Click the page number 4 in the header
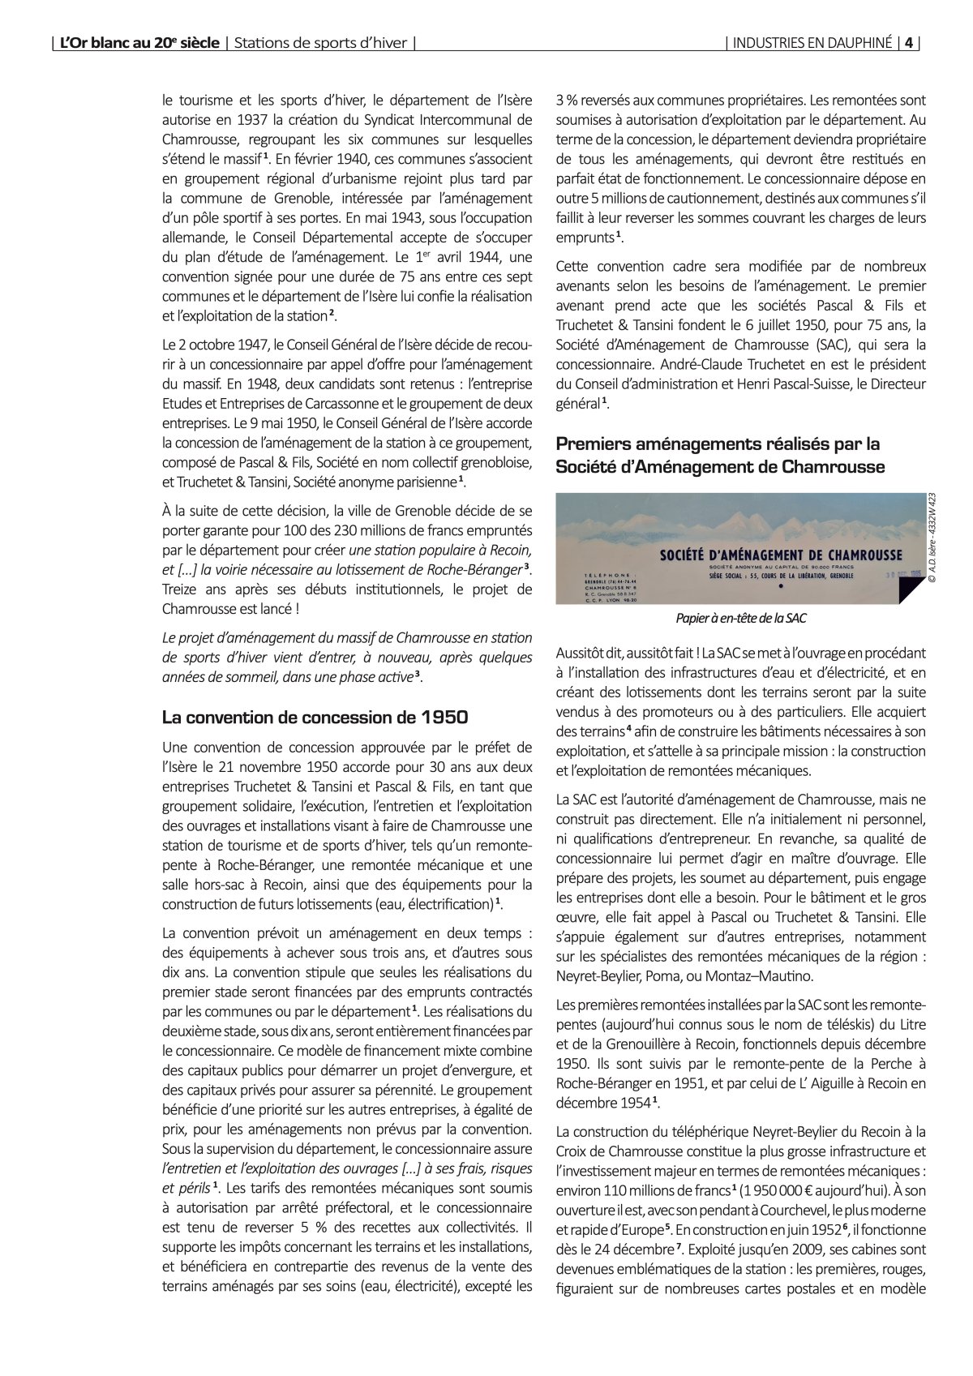tap(910, 43)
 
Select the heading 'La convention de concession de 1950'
tap(315, 717)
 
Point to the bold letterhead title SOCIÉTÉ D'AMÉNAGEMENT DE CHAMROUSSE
tap(781, 555)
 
